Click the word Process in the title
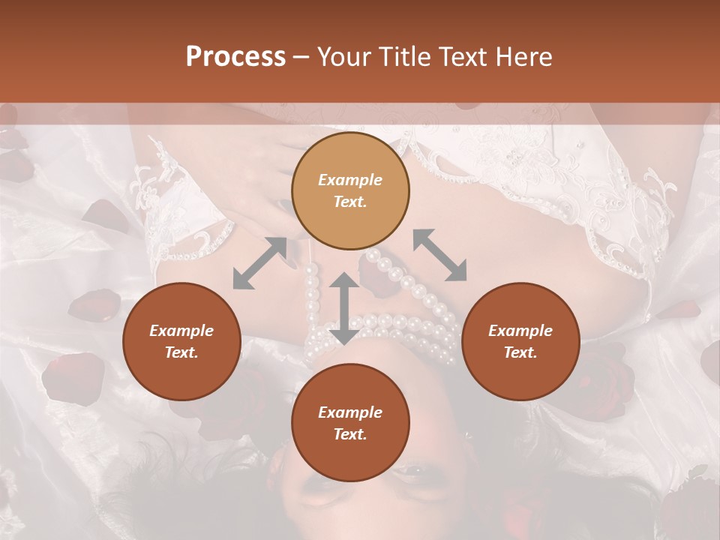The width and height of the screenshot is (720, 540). (235, 57)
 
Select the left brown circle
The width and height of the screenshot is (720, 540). (181, 341)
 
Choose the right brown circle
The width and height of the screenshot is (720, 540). (520, 341)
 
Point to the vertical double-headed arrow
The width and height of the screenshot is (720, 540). (344, 308)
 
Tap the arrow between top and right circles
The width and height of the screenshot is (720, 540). (439, 255)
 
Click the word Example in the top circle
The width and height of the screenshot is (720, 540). (350, 180)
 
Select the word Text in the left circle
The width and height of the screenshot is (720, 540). (181, 352)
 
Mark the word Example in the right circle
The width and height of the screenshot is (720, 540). (520, 331)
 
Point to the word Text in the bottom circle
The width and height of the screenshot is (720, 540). (350, 434)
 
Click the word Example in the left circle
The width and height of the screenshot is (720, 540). (181, 331)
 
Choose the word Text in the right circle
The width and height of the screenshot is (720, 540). (520, 352)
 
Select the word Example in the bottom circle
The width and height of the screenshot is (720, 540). (350, 412)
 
